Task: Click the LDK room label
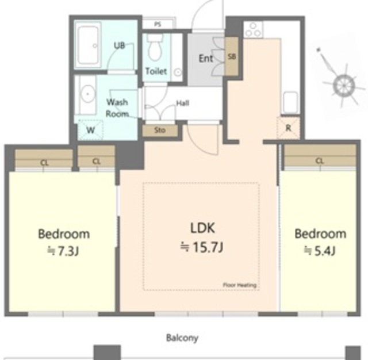[202, 228]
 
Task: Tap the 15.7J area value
[202, 247]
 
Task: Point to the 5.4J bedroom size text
[320, 251]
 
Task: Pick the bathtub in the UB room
[88, 45]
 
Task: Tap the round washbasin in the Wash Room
[87, 94]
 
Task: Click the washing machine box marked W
[90, 130]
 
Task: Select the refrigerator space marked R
[289, 128]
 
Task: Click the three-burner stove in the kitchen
[254, 30]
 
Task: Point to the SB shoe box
[232, 56]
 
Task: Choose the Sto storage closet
[160, 130]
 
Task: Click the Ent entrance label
[206, 59]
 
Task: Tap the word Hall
[183, 103]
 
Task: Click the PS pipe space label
[158, 24]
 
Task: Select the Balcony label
[182, 338]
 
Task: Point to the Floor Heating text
[239, 285]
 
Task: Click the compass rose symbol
[344, 86]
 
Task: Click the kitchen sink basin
[290, 102]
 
